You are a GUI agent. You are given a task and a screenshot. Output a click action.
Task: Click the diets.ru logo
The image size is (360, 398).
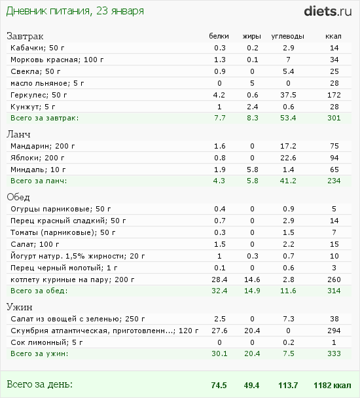[x=328, y=11]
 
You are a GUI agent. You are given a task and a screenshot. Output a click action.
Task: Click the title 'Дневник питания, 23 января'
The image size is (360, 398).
[x=75, y=11]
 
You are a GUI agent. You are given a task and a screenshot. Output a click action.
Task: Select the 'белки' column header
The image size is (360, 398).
[x=219, y=36]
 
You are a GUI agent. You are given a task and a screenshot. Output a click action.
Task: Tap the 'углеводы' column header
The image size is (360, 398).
[x=287, y=37]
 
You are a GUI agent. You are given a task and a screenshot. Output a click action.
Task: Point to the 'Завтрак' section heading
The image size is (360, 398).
[x=25, y=36]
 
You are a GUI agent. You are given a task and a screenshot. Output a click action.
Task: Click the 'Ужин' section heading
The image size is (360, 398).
[x=20, y=307]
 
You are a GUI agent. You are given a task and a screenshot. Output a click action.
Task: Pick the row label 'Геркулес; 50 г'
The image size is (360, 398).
[x=39, y=95]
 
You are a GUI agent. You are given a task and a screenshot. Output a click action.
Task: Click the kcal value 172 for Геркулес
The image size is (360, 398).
[x=334, y=95]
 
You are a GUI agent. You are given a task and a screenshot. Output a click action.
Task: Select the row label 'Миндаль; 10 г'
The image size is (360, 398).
[x=38, y=170]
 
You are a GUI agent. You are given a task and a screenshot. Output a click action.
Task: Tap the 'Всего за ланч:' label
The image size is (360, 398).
[x=39, y=181]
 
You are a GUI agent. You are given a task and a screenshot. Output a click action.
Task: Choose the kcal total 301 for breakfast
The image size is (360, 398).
[x=334, y=118]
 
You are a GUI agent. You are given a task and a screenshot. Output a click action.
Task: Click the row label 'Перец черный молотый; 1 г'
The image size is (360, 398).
[x=64, y=268]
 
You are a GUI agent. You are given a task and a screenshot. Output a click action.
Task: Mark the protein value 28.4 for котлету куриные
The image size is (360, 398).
[x=219, y=280]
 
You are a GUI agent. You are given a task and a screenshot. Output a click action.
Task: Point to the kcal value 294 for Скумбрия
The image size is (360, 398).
[x=334, y=331]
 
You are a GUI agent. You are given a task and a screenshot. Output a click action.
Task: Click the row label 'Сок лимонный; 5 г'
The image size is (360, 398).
[x=46, y=342]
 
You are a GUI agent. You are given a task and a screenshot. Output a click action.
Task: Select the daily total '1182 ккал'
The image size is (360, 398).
[x=333, y=386]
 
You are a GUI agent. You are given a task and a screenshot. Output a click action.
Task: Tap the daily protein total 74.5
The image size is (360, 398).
[x=219, y=386]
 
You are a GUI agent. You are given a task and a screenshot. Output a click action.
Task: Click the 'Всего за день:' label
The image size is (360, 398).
[x=40, y=384]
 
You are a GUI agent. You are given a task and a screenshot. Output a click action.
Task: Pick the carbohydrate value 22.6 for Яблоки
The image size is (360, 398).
[x=288, y=158]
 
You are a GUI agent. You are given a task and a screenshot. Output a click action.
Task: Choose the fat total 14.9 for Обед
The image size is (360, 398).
[x=252, y=291]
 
